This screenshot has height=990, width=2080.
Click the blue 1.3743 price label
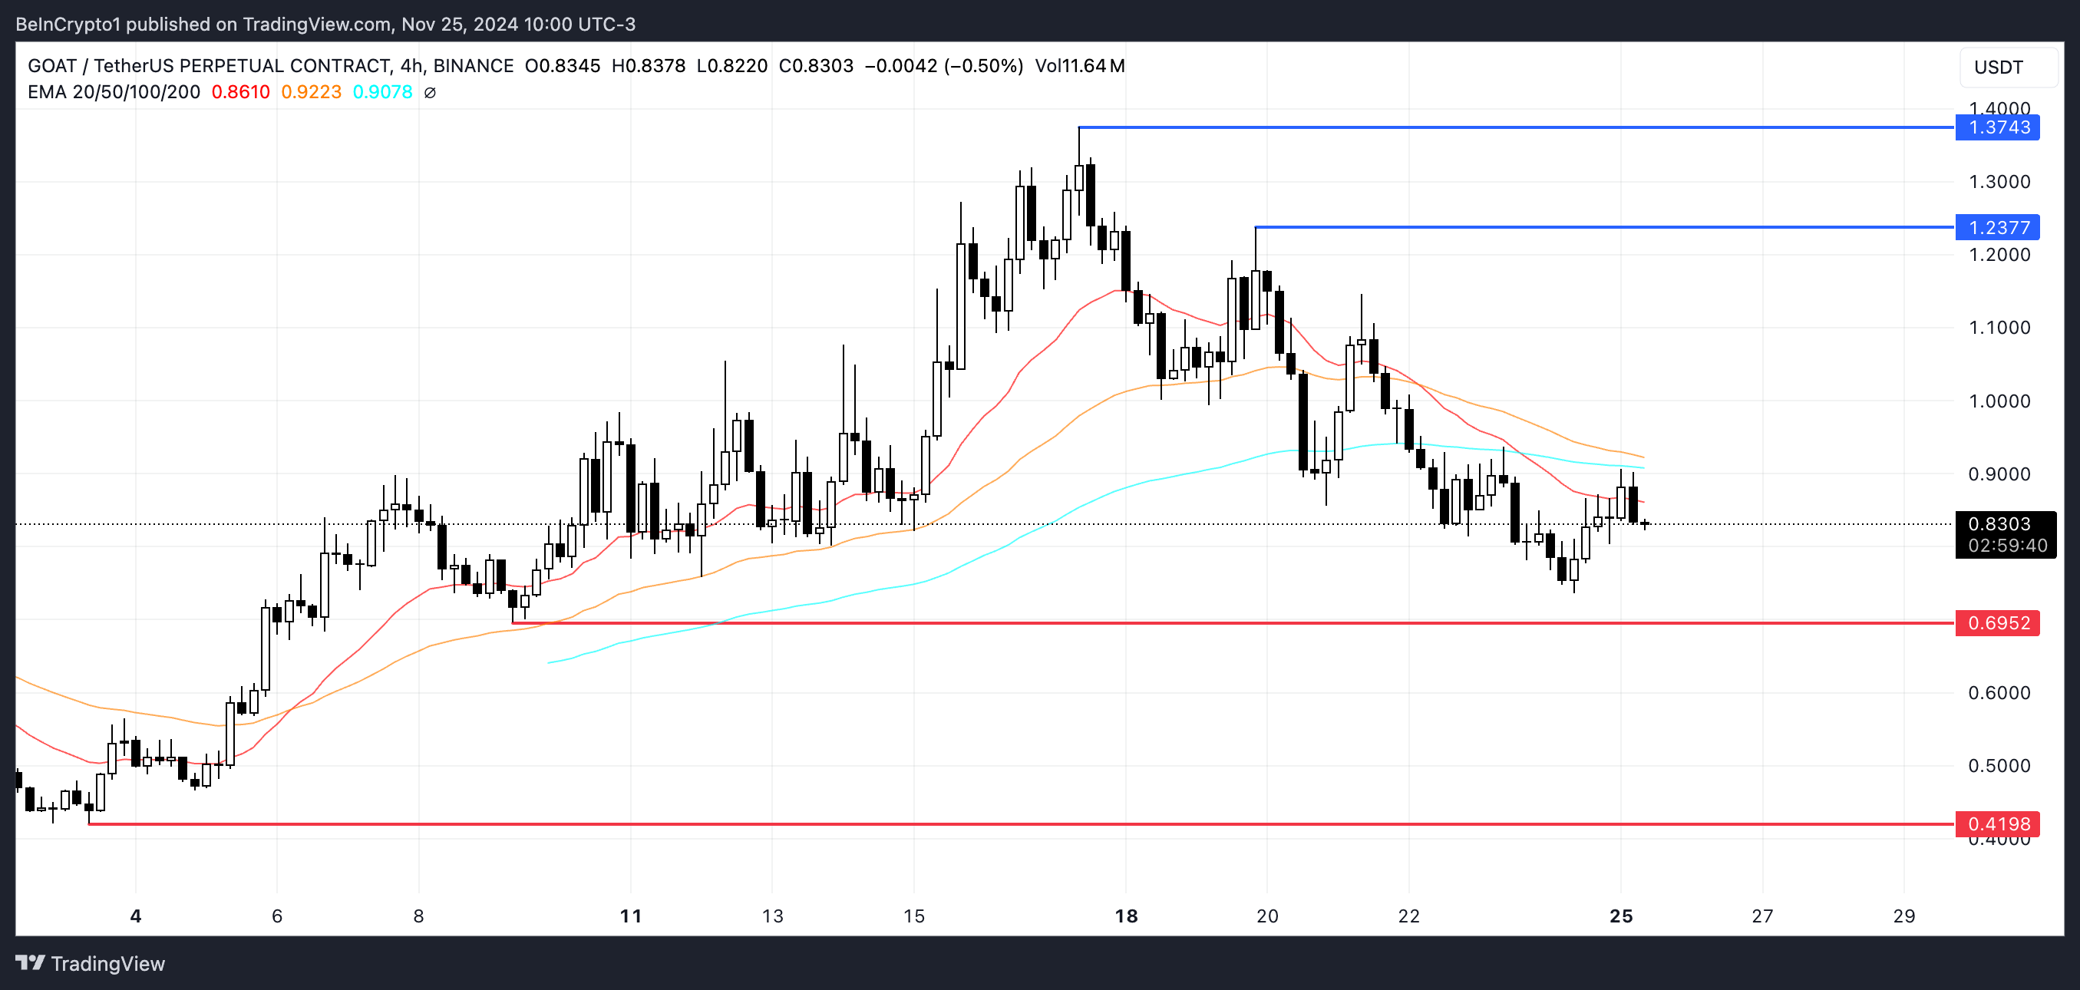coord(1997,127)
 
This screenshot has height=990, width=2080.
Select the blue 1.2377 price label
coord(1997,228)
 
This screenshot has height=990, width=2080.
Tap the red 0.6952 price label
coord(1997,622)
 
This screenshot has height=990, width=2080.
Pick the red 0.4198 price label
coord(1997,823)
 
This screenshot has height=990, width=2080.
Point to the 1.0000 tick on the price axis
coord(1999,401)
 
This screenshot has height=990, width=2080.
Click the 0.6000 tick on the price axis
coord(1999,693)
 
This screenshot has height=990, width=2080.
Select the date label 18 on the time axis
coord(1126,916)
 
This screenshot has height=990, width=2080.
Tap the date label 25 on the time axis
coord(1620,916)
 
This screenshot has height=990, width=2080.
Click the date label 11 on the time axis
coord(631,916)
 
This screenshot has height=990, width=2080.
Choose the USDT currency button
coord(1999,67)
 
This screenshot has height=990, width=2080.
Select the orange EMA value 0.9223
coord(311,92)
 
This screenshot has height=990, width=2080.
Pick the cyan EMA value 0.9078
coord(382,92)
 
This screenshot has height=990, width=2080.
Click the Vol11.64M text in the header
coord(1080,65)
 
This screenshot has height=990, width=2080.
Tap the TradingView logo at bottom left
coord(91,962)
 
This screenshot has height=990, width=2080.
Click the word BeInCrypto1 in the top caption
coord(68,25)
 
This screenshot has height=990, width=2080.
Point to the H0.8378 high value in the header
coord(649,65)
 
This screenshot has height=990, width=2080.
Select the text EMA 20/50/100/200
coord(114,92)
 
